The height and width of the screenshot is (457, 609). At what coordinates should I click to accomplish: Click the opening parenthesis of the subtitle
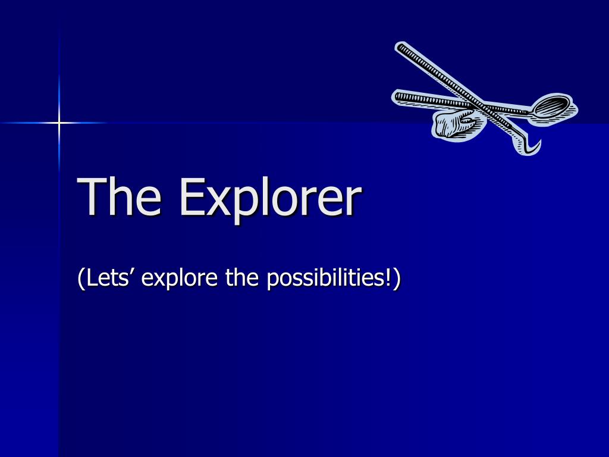pyautogui.click(x=80, y=278)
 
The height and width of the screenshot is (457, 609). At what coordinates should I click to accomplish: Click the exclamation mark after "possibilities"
pyautogui.click(x=388, y=277)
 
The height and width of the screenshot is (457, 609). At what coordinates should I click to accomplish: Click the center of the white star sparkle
pyautogui.click(x=59, y=123)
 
